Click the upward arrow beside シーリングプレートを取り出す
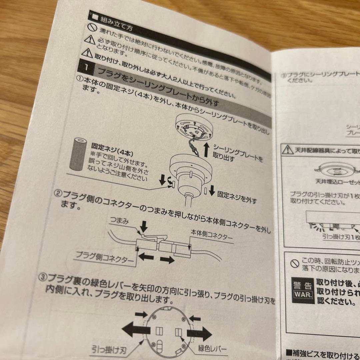[206, 150]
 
